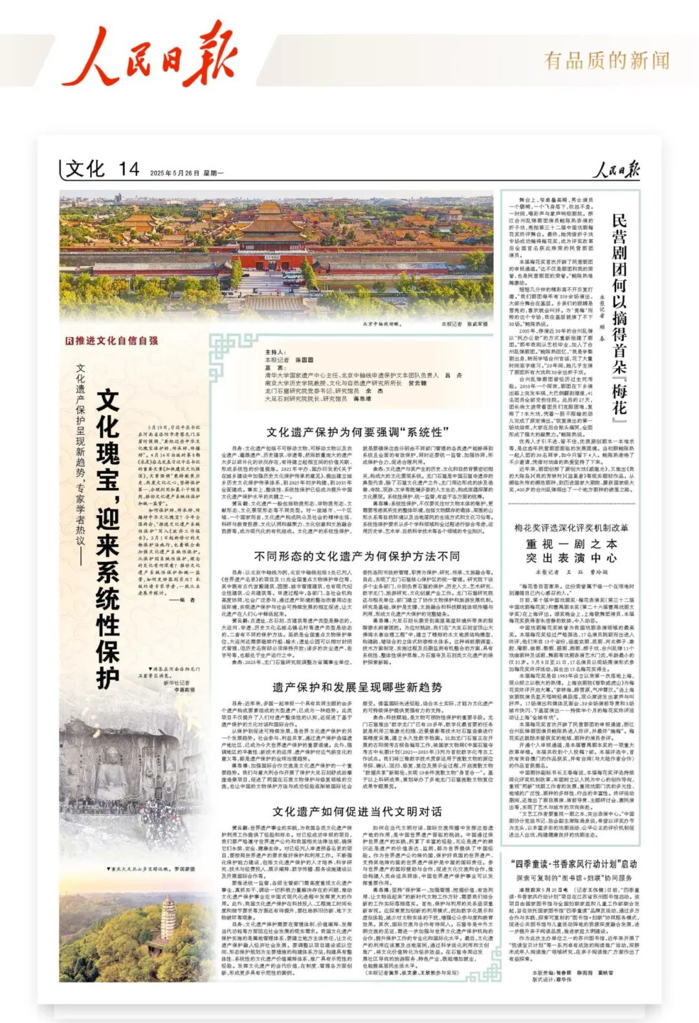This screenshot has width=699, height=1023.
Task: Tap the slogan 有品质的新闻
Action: tap(606, 61)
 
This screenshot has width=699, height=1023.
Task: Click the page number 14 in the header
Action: tap(129, 170)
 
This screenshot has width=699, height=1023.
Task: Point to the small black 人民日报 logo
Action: tap(617, 170)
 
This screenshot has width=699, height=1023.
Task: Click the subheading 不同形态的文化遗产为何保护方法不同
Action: tap(357, 556)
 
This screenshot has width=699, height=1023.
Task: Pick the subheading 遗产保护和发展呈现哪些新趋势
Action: tap(357, 687)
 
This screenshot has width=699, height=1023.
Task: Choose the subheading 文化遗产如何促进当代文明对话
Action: tap(357, 812)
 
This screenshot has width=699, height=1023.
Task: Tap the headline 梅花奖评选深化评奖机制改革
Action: tap(571, 528)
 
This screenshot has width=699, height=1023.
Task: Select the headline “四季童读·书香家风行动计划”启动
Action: tap(573, 864)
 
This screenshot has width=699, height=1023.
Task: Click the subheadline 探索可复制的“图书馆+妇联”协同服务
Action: tap(573, 878)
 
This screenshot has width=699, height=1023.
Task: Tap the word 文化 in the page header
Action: tap(85, 170)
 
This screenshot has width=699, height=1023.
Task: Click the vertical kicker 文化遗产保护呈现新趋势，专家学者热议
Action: tap(80, 466)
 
